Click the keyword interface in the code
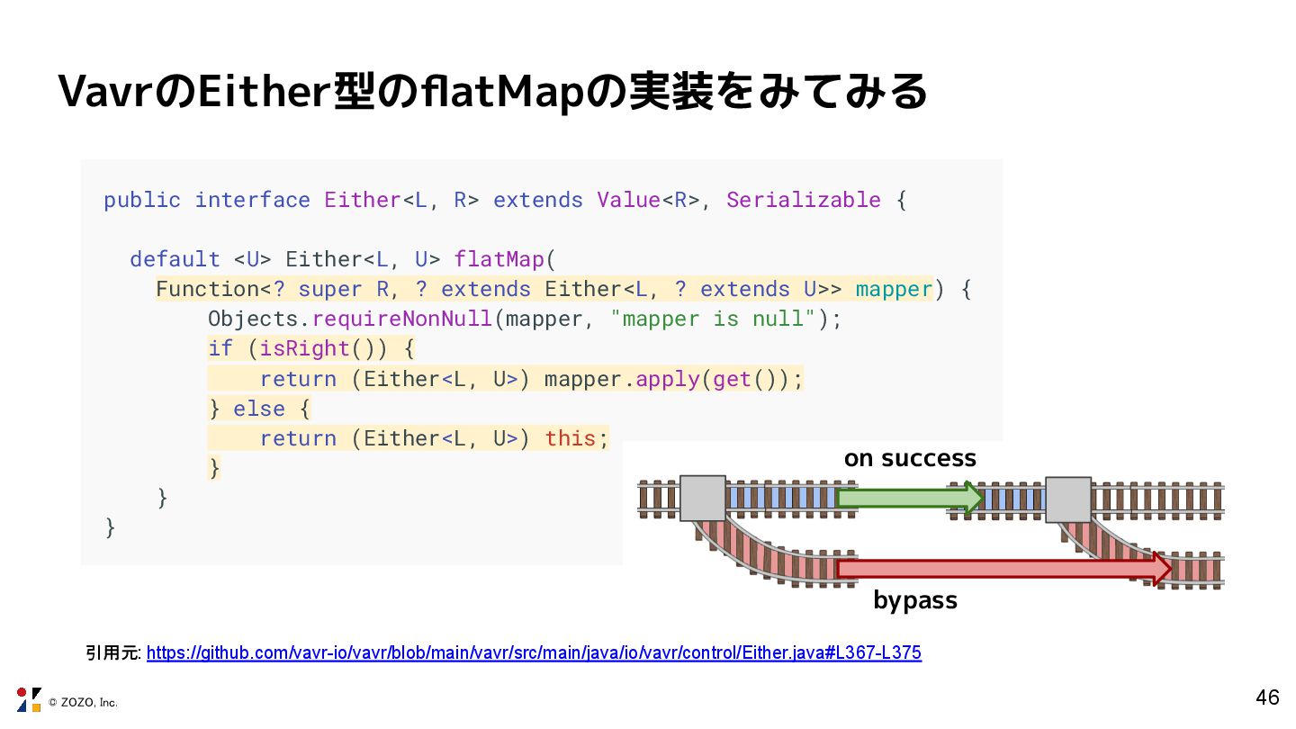click(252, 200)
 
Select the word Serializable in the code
click(803, 200)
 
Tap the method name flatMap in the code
click(499, 259)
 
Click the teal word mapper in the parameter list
click(894, 289)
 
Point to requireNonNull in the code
click(401, 319)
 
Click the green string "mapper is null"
click(713, 319)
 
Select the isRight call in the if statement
click(304, 348)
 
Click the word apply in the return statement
click(667, 379)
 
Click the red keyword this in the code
click(570, 438)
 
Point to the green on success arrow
click(909, 498)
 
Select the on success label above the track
click(909, 458)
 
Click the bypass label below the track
click(914, 600)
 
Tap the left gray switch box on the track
click(703, 498)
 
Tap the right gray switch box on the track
click(1068, 499)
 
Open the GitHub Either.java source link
click(534, 652)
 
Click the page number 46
click(1267, 697)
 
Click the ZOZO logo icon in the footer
click(29, 699)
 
